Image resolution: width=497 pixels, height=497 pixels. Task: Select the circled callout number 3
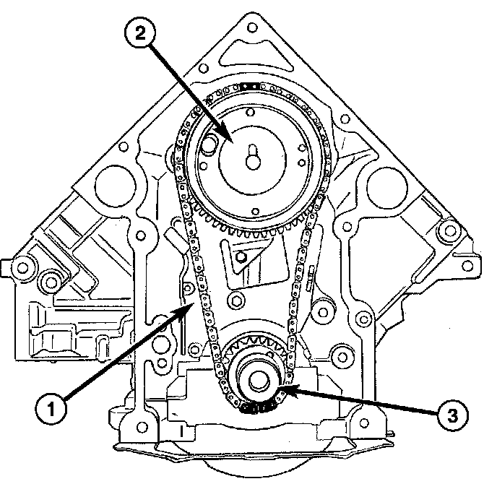[x=451, y=415]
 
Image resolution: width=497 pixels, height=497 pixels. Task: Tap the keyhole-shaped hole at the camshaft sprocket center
[x=252, y=158]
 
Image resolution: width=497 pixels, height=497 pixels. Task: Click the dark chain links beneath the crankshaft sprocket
[x=256, y=411]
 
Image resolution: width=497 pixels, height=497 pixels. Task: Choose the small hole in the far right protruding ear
[x=453, y=231]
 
